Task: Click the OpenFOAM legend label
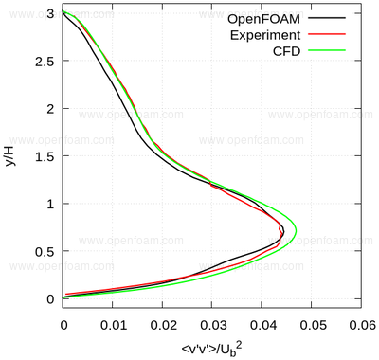tap(263, 19)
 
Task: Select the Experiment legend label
tap(265, 35)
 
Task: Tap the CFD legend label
tap(286, 51)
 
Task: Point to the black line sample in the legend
tap(327, 18)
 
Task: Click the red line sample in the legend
tap(327, 34)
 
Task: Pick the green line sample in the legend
tap(327, 50)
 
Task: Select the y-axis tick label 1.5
tap(45, 156)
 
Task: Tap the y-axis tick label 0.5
tap(45, 251)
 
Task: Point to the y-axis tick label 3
tap(50, 13)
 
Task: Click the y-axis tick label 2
tap(50, 108)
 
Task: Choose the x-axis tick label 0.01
tap(114, 325)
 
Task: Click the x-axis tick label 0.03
tap(213, 325)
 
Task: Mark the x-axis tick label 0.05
tap(313, 325)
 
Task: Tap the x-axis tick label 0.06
tap(363, 325)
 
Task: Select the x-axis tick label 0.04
tap(263, 325)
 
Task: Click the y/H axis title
tap(11, 156)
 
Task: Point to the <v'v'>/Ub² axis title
tap(212, 349)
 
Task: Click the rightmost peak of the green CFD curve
tap(296, 231)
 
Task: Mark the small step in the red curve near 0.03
tap(210, 183)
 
